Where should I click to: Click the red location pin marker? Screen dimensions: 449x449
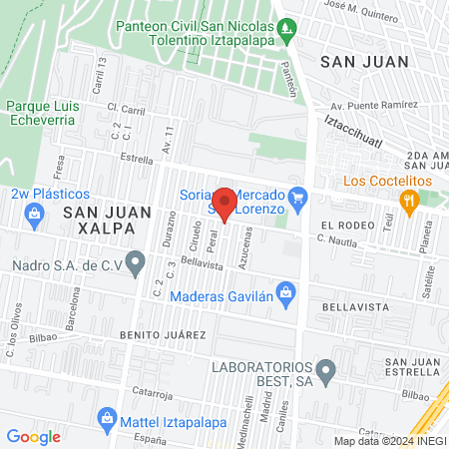tap(225, 204)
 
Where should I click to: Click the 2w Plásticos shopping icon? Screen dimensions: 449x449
tap(35, 213)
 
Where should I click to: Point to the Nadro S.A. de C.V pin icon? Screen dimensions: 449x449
tap(138, 264)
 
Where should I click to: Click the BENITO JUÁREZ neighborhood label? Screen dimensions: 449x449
tap(164, 334)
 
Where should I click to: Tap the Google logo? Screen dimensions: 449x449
tap(33, 436)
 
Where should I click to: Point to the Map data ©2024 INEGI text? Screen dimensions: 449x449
tap(389, 441)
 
